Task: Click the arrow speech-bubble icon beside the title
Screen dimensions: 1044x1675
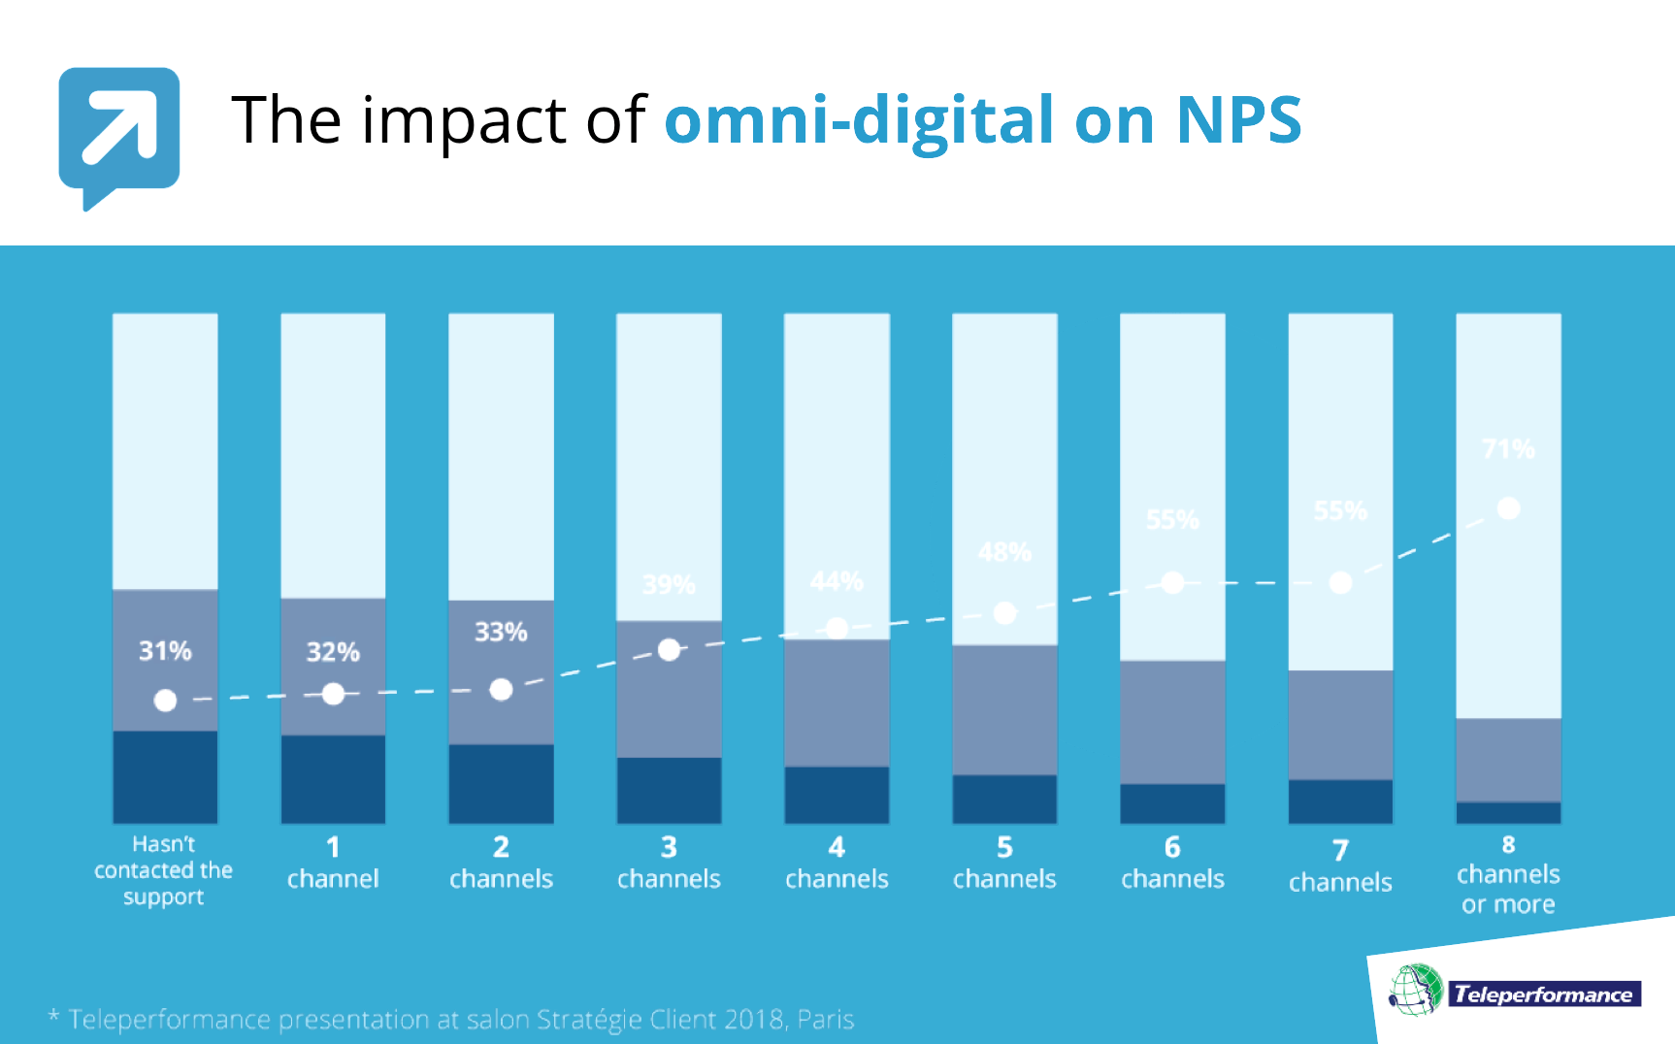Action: click(x=118, y=131)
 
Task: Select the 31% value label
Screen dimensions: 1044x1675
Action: click(x=165, y=650)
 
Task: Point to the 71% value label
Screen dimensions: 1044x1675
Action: click(x=1508, y=448)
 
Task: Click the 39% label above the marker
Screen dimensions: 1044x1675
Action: click(x=669, y=585)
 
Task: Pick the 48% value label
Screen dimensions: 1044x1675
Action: click(x=1004, y=552)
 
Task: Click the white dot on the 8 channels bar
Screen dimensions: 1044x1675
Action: click(x=1508, y=508)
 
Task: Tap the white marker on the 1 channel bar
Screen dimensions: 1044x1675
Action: click(x=333, y=694)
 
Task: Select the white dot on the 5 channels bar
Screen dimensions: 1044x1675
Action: click(x=1005, y=613)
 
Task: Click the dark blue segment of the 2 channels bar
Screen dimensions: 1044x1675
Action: click(x=501, y=783)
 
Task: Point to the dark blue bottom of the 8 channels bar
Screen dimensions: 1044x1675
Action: click(x=1508, y=812)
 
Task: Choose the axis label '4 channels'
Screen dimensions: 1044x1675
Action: click(x=837, y=864)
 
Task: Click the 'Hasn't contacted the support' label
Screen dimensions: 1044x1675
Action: click(x=164, y=870)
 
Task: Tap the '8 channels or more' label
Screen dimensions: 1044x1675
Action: click(x=1508, y=875)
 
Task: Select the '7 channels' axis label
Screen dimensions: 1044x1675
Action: click(x=1340, y=866)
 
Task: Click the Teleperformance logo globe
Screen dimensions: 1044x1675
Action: click(x=1416, y=990)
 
